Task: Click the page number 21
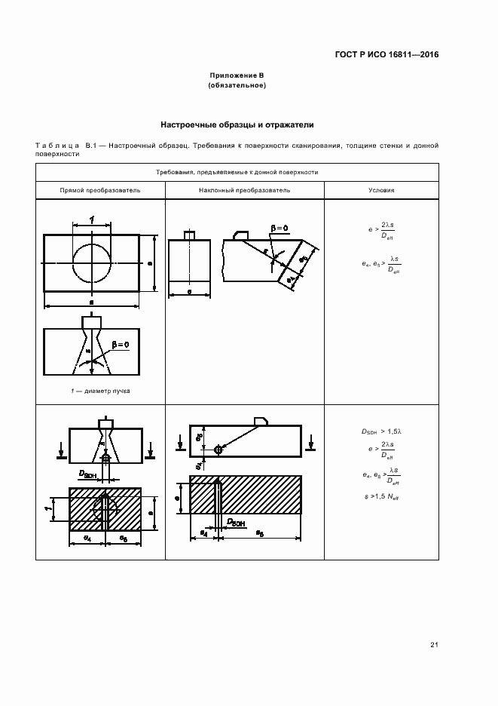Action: pyautogui.click(x=434, y=644)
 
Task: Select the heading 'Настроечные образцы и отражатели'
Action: pyautogui.click(x=237, y=124)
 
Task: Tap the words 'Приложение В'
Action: pyautogui.click(x=237, y=76)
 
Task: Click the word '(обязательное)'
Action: pyautogui.click(x=237, y=86)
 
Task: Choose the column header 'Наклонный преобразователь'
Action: pyautogui.click(x=244, y=191)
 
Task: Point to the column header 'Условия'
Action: pyautogui.click(x=381, y=191)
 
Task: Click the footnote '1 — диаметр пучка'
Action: pyautogui.click(x=91, y=391)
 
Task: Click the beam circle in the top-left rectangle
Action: pyautogui.click(x=92, y=262)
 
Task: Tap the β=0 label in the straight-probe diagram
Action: pyautogui.click(x=120, y=344)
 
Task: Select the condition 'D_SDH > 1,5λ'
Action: pyautogui.click(x=380, y=431)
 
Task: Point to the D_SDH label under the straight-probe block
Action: pyautogui.click(x=89, y=473)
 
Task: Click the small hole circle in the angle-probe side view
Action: pyautogui.click(x=218, y=450)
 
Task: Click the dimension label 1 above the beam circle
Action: pyautogui.click(x=91, y=219)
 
